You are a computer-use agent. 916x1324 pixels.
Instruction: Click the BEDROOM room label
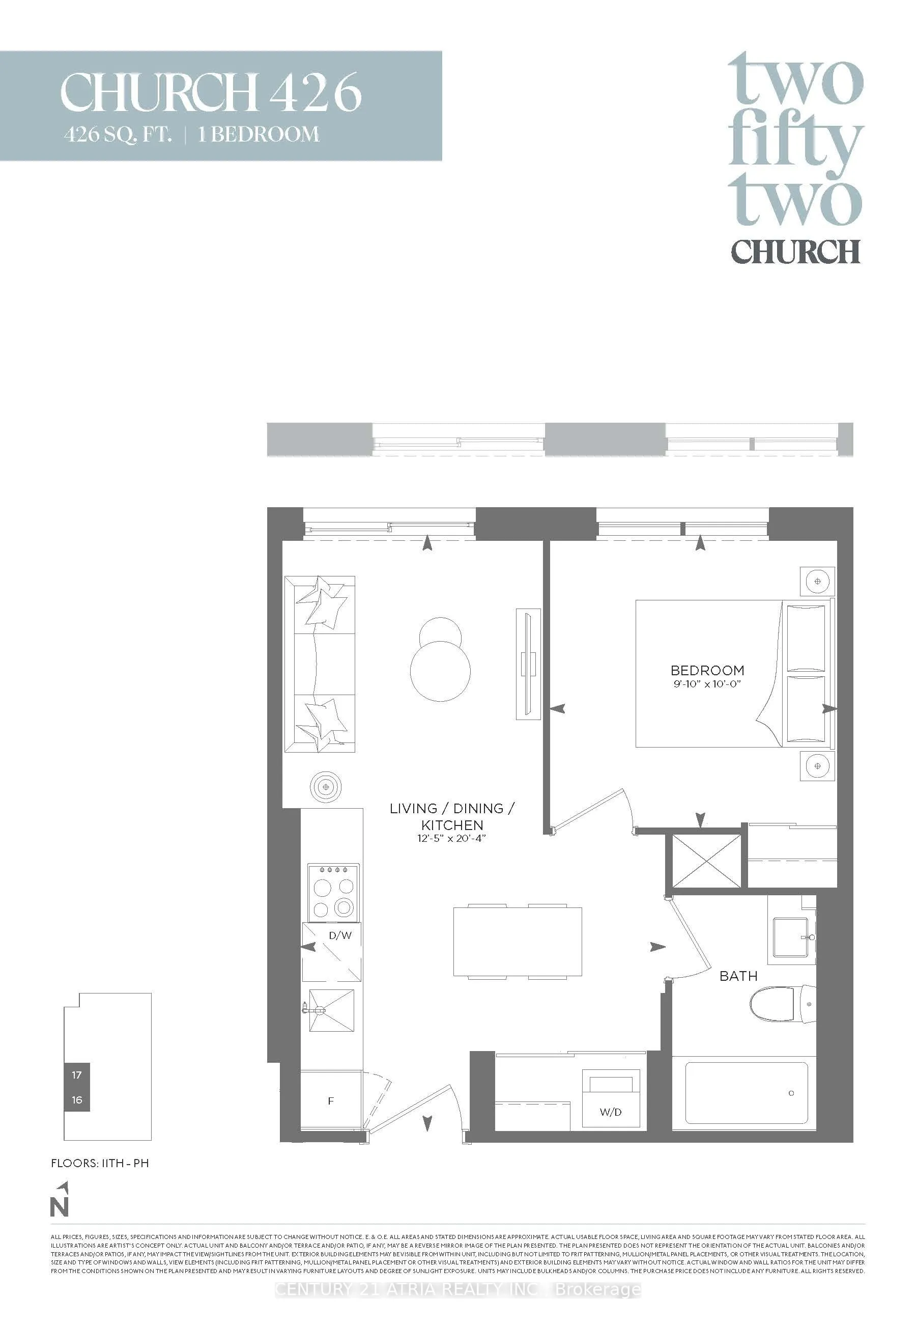pyautogui.click(x=707, y=670)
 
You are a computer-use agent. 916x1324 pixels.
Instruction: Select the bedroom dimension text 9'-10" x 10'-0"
pyautogui.click(x=707, y=684)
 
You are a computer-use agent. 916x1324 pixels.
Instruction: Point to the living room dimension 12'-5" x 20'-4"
pyautogui.click(x=452, y=838)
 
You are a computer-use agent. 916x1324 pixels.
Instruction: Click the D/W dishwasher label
pyautogui.click(x=340, y=935)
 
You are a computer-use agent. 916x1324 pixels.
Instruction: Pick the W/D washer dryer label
pyautogui.click(x=610, y=1112)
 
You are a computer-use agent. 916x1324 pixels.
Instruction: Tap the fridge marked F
pyautogui.click(x=331, y=1100)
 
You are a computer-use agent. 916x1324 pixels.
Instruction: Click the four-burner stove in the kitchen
pyautogui.click(x=333, y=893)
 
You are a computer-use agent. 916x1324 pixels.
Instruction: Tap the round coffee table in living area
pyautogui.click(x=440, y=670)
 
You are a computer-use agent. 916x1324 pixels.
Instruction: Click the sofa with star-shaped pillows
pyautogui.click(x=320, y=665)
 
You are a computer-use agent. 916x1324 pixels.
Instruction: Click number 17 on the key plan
pyautogui.click(x=77, y=1075)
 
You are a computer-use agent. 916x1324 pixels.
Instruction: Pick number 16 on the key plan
pyautogui.click(x=77, y=1100)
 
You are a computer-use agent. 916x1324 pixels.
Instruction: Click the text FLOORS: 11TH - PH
pyautogui.click(x=100, y=1163)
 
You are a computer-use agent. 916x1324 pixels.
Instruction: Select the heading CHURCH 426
pyautogui.click(x=211, y=92)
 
